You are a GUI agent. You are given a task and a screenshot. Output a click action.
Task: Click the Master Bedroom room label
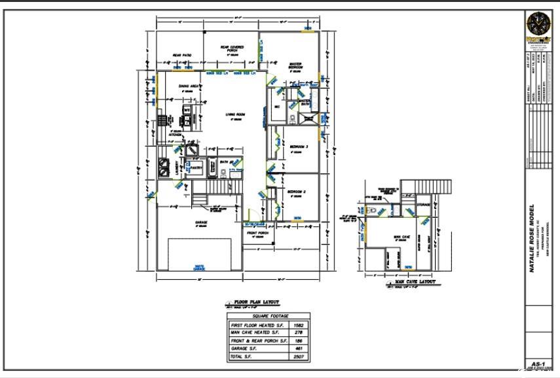[x=295, y=66]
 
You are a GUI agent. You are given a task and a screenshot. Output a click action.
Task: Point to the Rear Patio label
[x=181, y=55]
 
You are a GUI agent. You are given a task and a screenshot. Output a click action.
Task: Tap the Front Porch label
[x=258, y=233]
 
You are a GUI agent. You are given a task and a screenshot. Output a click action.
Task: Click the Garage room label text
[x=201, y=223]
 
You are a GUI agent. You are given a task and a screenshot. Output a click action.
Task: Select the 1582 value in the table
[x=299, y=325]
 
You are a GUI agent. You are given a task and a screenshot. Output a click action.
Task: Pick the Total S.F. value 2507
[x=299, y=357]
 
